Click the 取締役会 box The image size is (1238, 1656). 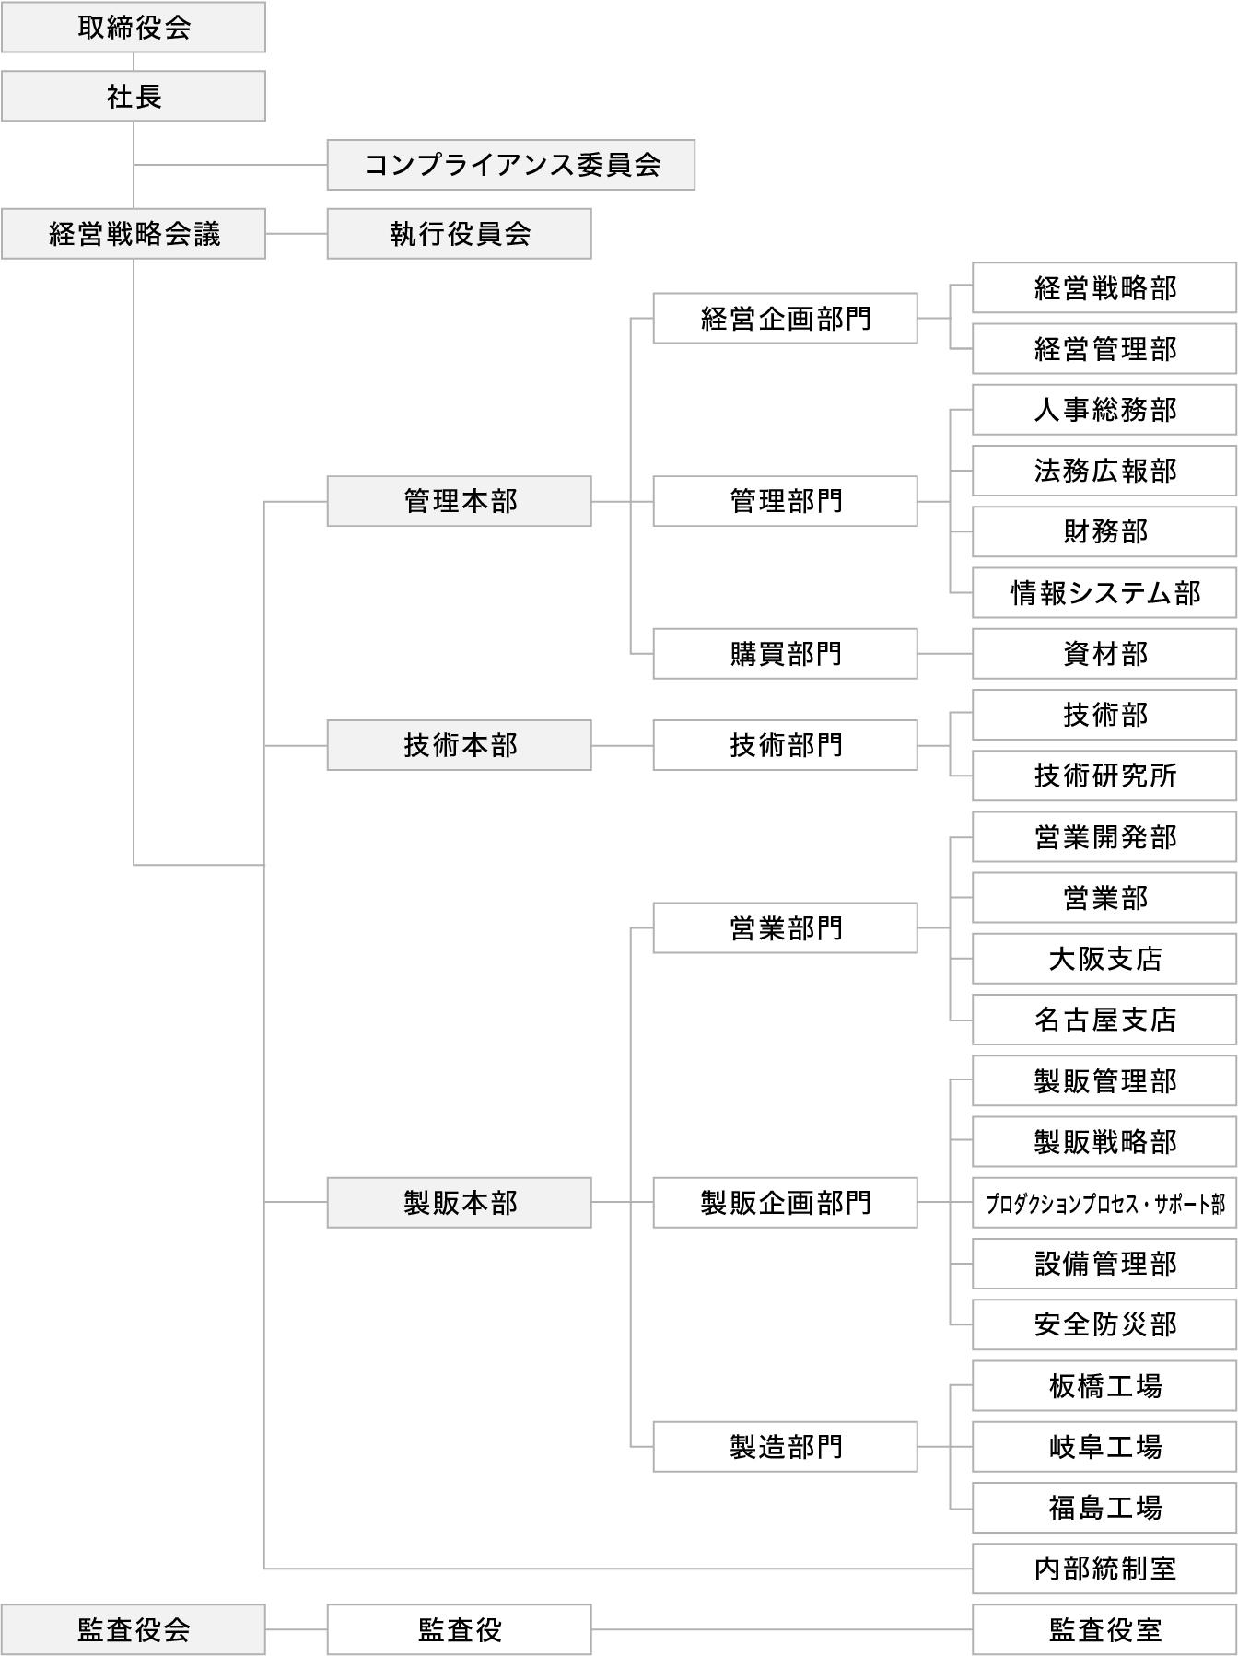point(134,28)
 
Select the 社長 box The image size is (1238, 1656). point(134,97)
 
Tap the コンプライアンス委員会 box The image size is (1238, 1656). point(510,165)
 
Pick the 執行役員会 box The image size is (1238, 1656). point(459,234)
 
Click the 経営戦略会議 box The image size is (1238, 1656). point(134,234)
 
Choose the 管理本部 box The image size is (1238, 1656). point(459,501)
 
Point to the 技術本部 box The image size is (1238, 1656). point(459,745)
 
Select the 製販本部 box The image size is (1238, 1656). point(459,1202)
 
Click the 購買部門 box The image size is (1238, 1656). point(785,654)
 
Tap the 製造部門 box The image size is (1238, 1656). point(785,1446)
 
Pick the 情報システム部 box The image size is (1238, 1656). point(1104,593)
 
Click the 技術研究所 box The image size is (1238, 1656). point(1104,776)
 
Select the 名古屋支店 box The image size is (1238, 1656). point(1104,1020)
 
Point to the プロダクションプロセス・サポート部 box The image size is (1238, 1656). point(1104,1203)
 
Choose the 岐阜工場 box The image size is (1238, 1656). point(1104,1446)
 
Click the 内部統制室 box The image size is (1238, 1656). point(1104,1569)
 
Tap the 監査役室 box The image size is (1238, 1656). point(1104,1629)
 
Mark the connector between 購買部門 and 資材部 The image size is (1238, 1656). point(945,654)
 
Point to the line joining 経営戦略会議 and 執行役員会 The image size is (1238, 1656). point(296,234)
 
